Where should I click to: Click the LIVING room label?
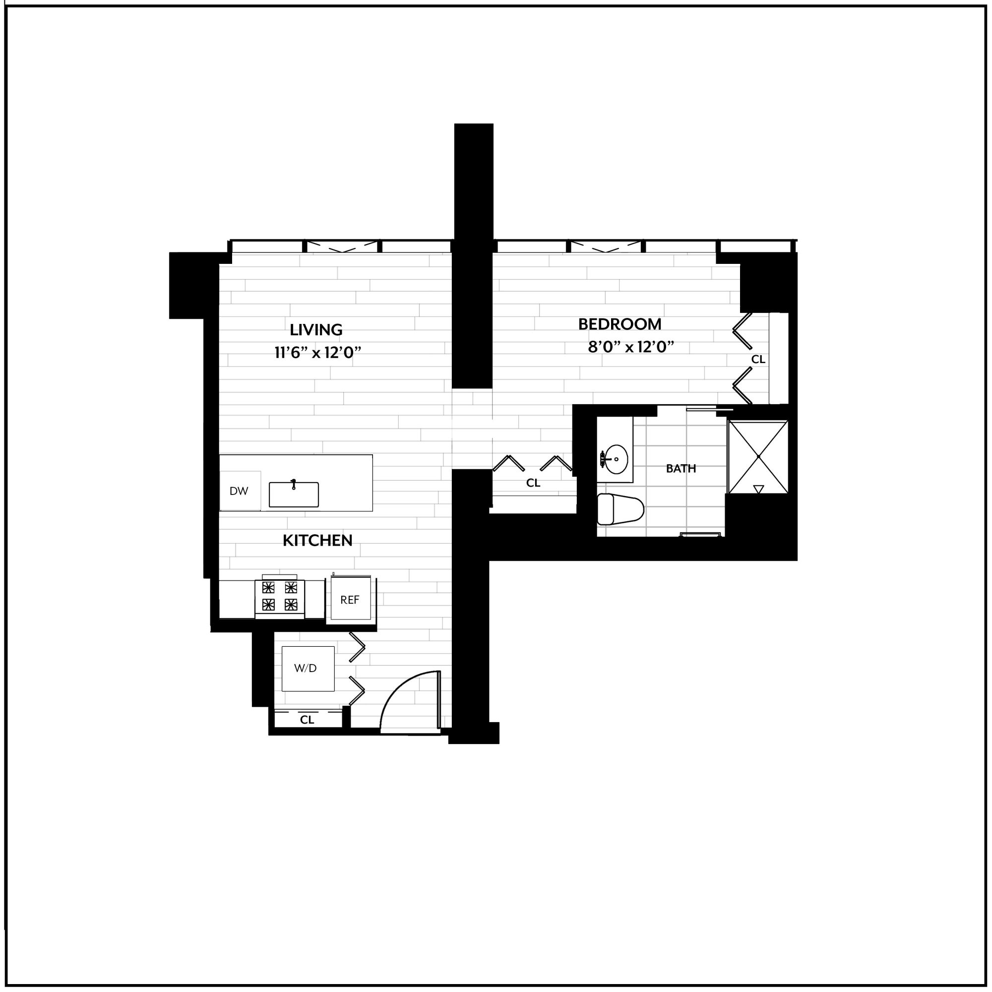click(316, 330)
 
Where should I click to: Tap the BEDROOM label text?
click(620, 324)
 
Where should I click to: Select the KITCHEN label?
click(318, 540)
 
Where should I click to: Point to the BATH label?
click(681, 468)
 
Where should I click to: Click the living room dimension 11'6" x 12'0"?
click(318, 353)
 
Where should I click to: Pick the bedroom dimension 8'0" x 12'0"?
click(630, 348)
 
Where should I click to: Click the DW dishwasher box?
click(240, 491)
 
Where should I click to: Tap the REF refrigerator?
click(350, 600)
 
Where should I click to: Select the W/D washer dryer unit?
click(308, 669)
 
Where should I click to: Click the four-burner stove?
click(280, 597)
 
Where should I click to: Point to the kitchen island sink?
click(294, 495)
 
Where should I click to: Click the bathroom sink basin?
click(615, 459)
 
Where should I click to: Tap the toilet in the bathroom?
click(620, 509)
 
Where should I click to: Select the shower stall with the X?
click(758, 457)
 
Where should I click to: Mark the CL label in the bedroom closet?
click(758, 360)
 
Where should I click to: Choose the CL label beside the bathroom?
click(533, 483)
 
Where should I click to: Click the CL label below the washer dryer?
click(307, 720)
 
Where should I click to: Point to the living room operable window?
click(342, 247)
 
